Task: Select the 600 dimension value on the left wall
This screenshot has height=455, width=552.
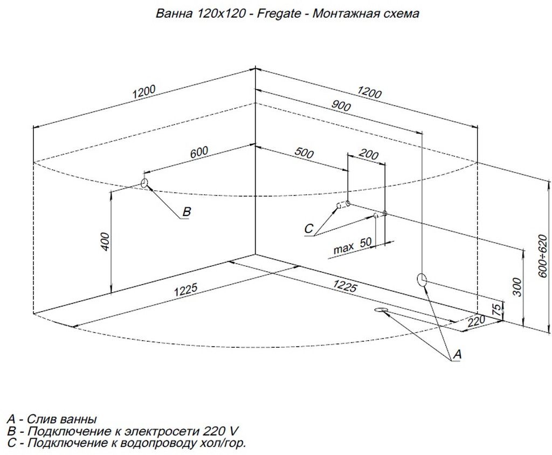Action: tap(198, 153)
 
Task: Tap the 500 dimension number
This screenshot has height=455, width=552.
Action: tap(304, 153)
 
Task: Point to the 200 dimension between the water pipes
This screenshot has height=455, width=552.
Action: tap(368, 155)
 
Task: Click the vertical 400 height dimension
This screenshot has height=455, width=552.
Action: tap(106, 242)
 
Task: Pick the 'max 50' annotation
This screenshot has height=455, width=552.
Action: tap(353, 247)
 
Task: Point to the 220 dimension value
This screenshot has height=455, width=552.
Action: tap(477, 322)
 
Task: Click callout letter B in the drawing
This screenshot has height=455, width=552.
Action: tap(186, 212)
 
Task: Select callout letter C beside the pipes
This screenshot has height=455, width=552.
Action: tap(308, 229)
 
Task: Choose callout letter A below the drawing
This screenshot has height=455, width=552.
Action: tap(457, 354)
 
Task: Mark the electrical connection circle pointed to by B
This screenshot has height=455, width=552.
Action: tap(144, 183)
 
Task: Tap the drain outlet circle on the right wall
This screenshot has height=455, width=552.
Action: tap(422, 279)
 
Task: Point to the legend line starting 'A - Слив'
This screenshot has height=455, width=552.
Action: tap(52, 419)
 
